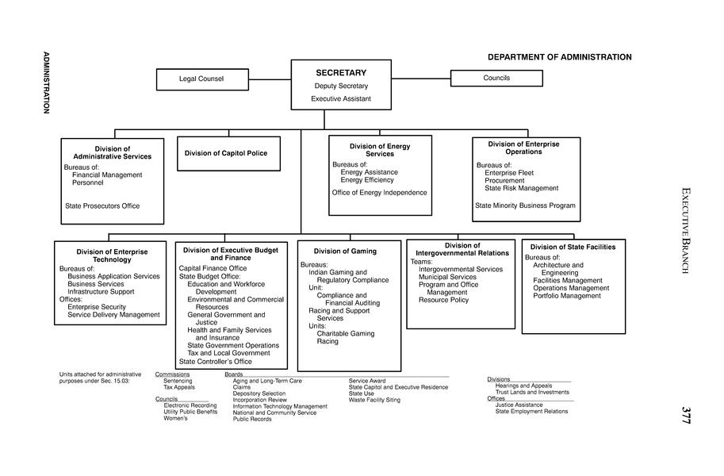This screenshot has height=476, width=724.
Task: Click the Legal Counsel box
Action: tap(201, 79)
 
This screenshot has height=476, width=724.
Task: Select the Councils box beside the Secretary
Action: tap(496, 78)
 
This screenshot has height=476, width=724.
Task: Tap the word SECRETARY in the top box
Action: tap(341, 73)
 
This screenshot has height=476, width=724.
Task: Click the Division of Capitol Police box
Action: tap(226, 153)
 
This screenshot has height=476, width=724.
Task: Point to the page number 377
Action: tap(686, 415)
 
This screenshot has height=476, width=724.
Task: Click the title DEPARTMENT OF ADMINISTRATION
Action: tap(559, 57)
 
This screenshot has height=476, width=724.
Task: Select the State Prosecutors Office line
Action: tap(102, 206)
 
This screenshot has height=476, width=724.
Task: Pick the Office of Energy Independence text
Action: tap(379, 193)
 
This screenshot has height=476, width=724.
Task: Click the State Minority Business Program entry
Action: tap(525, 205)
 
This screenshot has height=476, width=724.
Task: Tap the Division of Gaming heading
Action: tap(345, 251)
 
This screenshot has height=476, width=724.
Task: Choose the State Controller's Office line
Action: tap(216, 362)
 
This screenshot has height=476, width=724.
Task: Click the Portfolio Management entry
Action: tap(567, 296)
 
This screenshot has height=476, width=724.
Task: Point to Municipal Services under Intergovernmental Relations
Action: tap(447, 277)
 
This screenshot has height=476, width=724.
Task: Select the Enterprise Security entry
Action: tap(97, 306)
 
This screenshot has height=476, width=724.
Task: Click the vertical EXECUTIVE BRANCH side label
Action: tap(686, 230)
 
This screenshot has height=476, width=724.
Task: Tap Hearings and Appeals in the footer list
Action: tap(523, 386)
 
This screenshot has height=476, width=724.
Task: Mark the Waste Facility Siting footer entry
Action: tap(374, 400)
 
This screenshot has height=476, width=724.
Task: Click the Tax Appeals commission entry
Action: tap(178, 387)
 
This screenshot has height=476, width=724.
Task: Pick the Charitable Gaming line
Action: tap(346, 334)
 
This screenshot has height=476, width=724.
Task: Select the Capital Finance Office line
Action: tap(213, 268)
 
